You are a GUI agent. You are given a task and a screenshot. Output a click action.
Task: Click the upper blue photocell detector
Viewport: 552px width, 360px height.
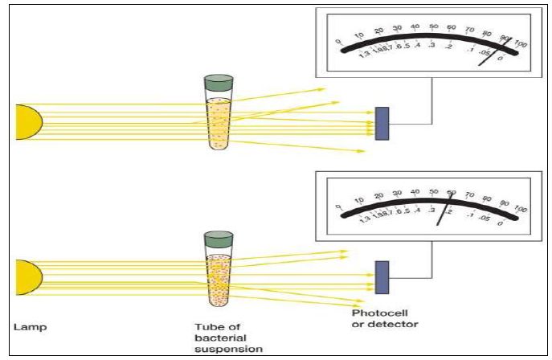pyautogui.click(x=382, y=121)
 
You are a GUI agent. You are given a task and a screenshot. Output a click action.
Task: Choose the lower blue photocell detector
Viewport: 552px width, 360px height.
pyautogui.click(x=382, y=277)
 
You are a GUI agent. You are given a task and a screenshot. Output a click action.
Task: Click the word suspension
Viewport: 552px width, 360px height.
pyautogui.click(x=219, y=350)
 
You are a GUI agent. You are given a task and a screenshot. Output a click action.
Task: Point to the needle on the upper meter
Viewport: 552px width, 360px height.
pyautogui.click(x=500, y=51)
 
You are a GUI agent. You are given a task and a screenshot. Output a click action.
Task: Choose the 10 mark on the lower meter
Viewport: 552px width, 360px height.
pyautogui.click(x=358, y=198)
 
